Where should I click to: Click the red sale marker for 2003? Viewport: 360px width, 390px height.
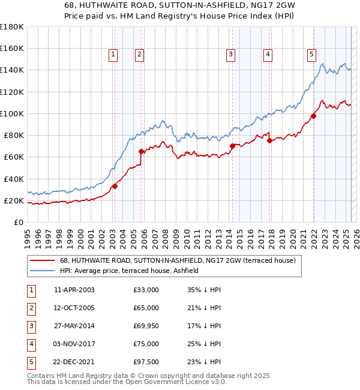coord(115,186)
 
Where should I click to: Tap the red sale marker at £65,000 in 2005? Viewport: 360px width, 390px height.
coord(141,151)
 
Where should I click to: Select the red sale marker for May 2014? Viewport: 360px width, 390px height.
coord(232,146)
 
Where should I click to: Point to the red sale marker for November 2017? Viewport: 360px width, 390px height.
coord(269,140)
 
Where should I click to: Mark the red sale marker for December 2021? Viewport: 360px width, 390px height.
coord(313,116)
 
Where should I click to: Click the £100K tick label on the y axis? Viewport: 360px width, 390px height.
coord(11,113)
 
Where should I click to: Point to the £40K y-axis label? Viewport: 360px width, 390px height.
coord(13,179)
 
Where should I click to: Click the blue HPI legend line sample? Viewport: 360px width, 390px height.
coord(43,271)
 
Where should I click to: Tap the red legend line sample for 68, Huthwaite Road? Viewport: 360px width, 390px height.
coord(43,261)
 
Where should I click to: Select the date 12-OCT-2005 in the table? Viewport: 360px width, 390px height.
coord(74,308)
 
